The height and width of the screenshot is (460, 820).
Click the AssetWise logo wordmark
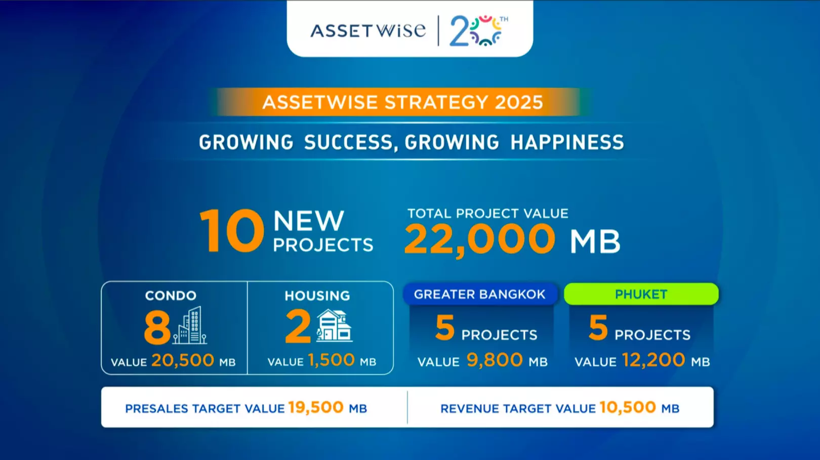coord(368,31)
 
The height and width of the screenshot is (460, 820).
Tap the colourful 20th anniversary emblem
coord(478,31)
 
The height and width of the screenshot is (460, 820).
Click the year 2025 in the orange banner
coord(519,102)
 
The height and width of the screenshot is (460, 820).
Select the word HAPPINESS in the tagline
coord(567,142)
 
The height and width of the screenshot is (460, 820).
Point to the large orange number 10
coord(232,231)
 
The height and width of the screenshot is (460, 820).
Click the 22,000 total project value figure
coord(479,240)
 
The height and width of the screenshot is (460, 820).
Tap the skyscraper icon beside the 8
coord(190,325)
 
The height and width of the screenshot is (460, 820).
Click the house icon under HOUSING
coord(334,326)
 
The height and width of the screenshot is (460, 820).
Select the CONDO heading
coord(171,296)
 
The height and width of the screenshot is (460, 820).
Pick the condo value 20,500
coord(183,360)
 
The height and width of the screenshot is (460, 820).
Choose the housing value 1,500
coord(332,360)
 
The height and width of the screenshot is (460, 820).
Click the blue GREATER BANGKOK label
coord(480,294)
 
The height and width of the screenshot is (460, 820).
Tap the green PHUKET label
coord(641,294)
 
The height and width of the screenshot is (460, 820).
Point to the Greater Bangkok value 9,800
coord(495,360)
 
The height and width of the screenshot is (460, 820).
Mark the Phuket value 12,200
coord(653,360)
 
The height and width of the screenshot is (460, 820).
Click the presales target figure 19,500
coord(316,407)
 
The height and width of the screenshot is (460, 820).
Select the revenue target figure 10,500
coord(628,407)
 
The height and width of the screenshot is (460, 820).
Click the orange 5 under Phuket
coord(598,328)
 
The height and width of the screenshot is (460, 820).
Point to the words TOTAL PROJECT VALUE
coord(488,214)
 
